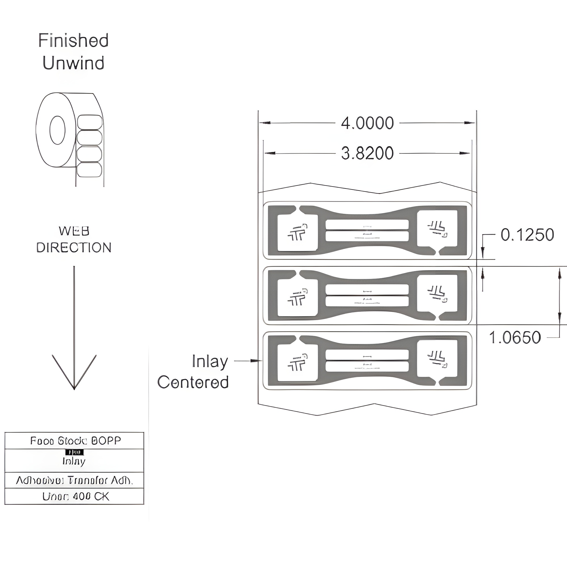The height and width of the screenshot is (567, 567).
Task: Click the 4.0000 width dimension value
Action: tap(367, 123)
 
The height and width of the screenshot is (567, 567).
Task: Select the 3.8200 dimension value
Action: tap(367, 153)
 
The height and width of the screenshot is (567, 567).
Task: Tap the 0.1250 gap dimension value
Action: tap(527, 235)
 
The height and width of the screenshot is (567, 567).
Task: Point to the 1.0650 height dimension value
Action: tap(515, 337)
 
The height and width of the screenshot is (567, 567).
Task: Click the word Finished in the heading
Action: tap(73, 41)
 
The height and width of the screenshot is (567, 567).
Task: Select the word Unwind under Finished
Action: tap(73, 63)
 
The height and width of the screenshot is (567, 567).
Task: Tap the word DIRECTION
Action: tap(74, 248)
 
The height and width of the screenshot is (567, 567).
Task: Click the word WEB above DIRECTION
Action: tap(74, 231)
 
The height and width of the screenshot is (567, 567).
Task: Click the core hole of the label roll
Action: tap(57, 130)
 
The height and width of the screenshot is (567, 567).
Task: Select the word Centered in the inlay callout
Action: tap(193, 382)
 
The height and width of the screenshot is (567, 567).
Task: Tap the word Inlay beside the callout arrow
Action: tap(210, 361)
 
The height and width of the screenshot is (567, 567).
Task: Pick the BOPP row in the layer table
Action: tap(74, 441)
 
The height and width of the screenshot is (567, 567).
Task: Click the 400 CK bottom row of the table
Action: tap(74, 496)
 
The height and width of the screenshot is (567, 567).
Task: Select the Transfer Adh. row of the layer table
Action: tap(74, 481)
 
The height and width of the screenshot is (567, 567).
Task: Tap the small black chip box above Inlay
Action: tap(74, 452)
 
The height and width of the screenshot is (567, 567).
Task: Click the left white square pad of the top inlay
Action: tap(297, 233)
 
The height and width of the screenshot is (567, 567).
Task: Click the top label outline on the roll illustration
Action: tap(90, 122)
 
